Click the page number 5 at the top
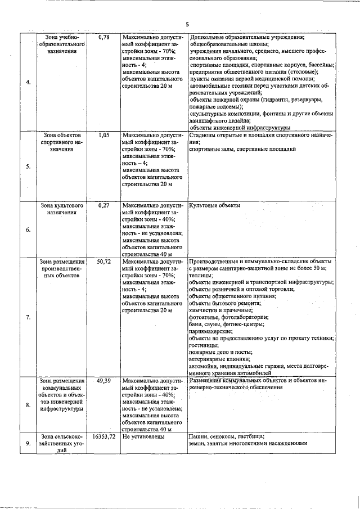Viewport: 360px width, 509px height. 187,24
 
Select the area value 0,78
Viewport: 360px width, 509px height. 103,37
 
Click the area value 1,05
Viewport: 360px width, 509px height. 103,136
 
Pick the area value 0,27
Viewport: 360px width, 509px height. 103,205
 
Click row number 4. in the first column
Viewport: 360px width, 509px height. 28,83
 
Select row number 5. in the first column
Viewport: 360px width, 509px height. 28,166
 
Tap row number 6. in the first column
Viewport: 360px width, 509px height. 28,230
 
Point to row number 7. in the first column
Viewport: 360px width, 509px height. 28,318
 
